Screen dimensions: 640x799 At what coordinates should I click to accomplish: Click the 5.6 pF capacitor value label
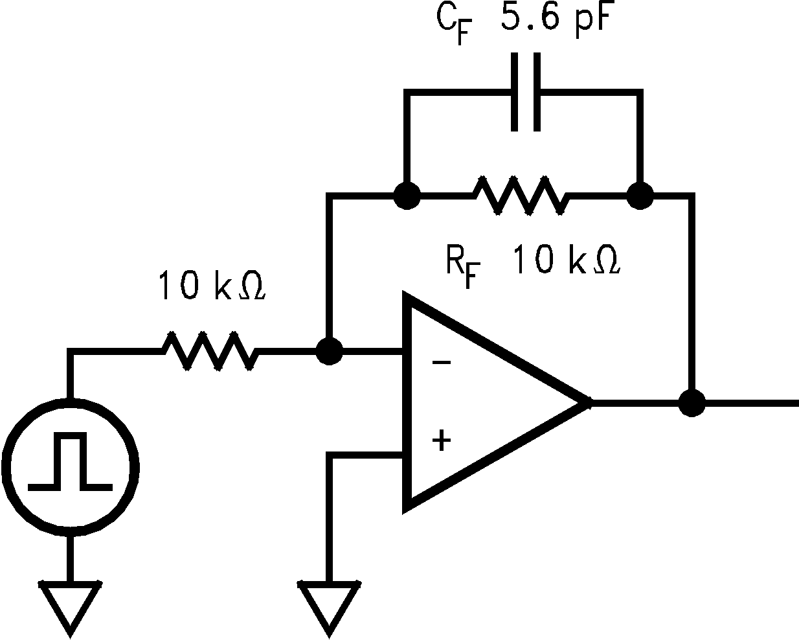click(x=555, y=20)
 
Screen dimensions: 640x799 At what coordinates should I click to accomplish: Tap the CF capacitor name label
click(x=452, y=25)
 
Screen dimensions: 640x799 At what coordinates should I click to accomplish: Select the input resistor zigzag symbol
click(x=210, y=352)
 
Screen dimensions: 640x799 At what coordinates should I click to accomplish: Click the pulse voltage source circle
click(x=70, y=466)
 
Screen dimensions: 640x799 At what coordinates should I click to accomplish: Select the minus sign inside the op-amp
click(x=441, y=362)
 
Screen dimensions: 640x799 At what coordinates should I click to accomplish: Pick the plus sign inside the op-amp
click(x=441, y=441)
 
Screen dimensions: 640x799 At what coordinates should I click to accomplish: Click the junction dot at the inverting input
click(x=330, y=352)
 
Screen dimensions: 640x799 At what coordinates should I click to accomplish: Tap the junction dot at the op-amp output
click(x=693, y=403)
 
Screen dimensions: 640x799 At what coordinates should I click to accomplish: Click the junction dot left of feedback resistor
click(x=407, y=194)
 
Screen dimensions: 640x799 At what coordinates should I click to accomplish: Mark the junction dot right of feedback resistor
click(x=640, y=194)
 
